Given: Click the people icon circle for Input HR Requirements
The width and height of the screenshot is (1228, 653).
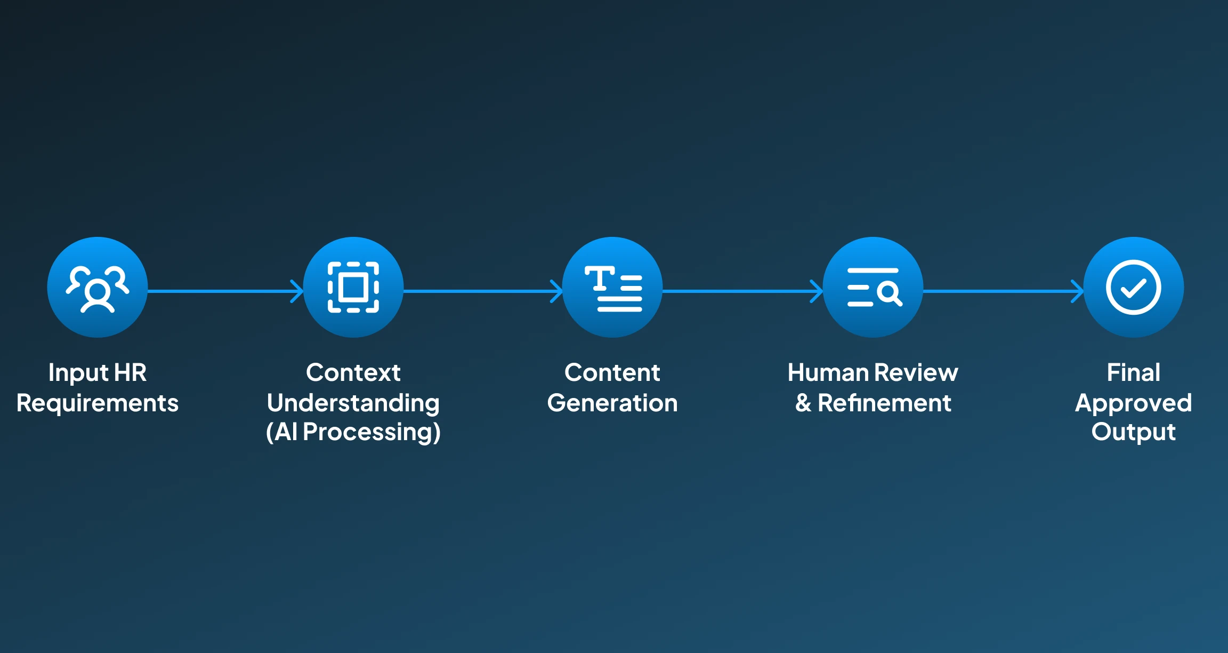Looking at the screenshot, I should point(98,288).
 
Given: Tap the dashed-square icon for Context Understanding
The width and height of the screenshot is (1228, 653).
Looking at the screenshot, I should point(353,288).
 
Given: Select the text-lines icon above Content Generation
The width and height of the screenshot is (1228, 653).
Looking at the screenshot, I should point(613,288).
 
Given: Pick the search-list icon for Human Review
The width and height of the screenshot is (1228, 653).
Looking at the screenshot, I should point(873,288).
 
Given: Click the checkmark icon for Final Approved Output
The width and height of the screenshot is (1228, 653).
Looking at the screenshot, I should point(1134,288).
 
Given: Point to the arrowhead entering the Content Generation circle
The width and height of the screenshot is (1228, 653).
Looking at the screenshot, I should point(557,291).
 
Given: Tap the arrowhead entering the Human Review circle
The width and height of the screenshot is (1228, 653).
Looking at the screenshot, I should point(817,291).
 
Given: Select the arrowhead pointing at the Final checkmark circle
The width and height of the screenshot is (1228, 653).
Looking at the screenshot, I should point(1078,291).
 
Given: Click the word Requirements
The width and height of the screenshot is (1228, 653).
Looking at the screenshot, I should point(98,403).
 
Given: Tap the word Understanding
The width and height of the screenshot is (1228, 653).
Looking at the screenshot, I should point(353,403).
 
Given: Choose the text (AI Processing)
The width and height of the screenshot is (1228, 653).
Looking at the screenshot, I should point(353,432).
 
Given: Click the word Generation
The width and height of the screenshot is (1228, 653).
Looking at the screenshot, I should point(612,403).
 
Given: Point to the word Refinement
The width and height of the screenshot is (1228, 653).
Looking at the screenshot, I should point(885,403).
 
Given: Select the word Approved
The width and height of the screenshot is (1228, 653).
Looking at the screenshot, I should point(1134,403).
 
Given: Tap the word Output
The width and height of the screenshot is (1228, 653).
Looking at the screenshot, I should point(1134,432).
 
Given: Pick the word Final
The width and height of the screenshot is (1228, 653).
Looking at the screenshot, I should point(1134,372).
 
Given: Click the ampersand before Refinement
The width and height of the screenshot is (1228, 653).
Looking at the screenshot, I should point(803,403).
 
